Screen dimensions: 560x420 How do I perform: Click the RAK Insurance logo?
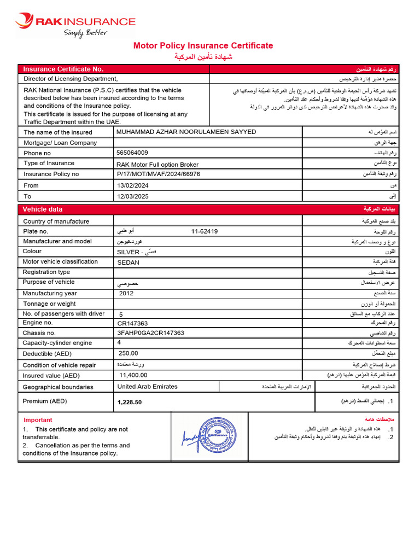pos(75,24)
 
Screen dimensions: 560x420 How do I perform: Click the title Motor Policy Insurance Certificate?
pos(203,46)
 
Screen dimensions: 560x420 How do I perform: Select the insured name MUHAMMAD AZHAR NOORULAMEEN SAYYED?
pos(186,132)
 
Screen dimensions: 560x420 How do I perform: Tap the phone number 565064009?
pos(132,153)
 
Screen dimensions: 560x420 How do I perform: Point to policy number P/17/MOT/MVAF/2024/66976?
pos(159,174)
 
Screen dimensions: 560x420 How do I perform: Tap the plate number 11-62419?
pos(205,231)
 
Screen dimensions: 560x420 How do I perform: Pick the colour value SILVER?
pos(129,252)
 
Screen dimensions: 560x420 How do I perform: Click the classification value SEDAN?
pos(128,262)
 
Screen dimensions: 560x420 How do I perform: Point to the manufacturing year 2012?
pos(126,293)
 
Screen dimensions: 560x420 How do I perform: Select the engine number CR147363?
pos(132,324)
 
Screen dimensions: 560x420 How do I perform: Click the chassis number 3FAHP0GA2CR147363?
pos(150,333)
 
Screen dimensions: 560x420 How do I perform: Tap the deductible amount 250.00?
pos(129,353)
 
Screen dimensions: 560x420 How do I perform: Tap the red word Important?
pos(38,420)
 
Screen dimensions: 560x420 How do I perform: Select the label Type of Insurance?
pos(49,163)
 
